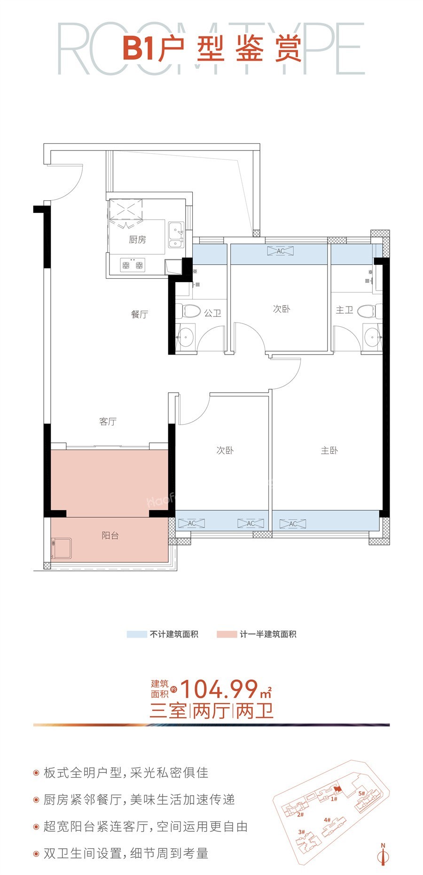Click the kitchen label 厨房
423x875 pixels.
tap(137, 240)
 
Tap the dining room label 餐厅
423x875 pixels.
tap(139, 314)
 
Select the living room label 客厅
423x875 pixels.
tap(108, 421)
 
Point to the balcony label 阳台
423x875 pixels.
tap(110, 535)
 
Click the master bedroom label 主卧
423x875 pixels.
tap(329, 450)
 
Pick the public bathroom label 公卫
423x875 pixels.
tap(212, 313)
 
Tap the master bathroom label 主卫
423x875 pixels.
tap(344, 310)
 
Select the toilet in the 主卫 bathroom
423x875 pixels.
tap(368, 311)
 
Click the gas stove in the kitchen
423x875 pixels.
tap(133, 266)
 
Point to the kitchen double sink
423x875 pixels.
tap(176, 234)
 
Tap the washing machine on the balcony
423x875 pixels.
tap(62, 549)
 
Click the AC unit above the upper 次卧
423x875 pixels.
tap(280, 251)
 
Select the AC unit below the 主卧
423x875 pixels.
tap(292, 523)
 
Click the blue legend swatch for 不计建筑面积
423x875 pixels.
tap(137, 634)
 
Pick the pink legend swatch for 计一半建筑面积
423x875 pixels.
tap(227, 634)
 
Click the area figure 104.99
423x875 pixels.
tap(219, 689)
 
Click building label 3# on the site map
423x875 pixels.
tap(302, 832)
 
